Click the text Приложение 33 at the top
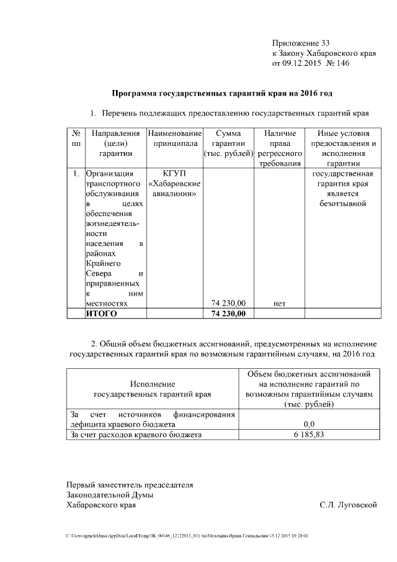pyautogui.click(x=301, y=43)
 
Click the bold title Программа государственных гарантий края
pyautogui.click(x=221, y=94)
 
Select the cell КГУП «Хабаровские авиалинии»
pyautogui.click(x=174, y=183)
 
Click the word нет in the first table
pyautogui.click(x=279, y=303)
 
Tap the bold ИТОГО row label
pyautogui.click(x=101, y=314)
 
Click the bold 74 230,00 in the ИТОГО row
pyautogui.click(x=228, y=314)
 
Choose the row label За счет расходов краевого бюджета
pyautogui.click(x=136, y=435)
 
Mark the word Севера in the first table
pyautogui.click(x=98, y=273)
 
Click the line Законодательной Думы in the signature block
pyautogui.click(x=110, y=494)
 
